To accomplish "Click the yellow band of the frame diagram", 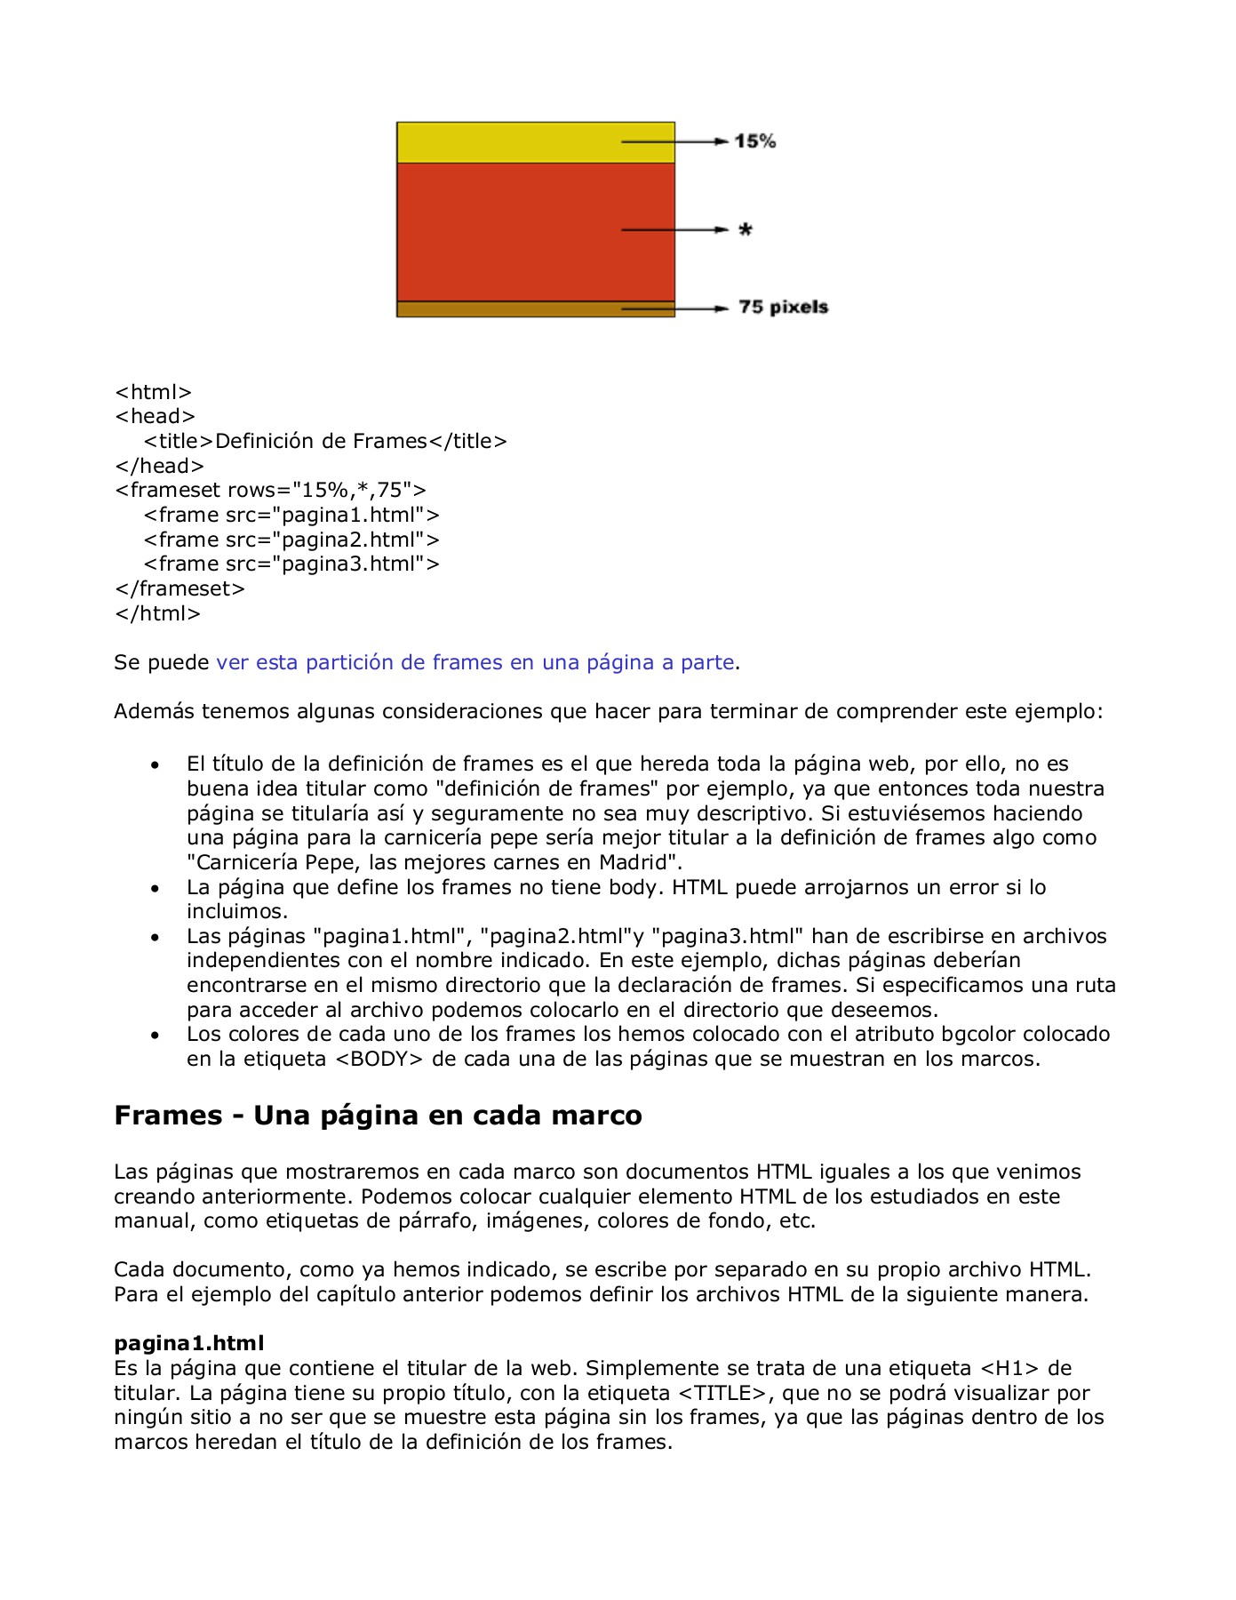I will [x=506, y=142].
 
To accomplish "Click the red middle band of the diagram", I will [x=506, y=231].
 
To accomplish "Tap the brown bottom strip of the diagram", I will [x=506, y=308].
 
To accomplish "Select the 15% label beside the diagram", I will [x=754, y=141].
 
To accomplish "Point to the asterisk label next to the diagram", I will [x=745, y=230].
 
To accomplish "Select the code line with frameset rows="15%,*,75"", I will [x=270, y=491].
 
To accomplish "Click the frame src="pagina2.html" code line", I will [x=291, y=540].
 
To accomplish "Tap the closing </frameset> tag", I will [x=179, y=589].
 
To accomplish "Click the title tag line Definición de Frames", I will [x=324, y=442].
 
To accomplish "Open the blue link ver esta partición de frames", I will [x=474, y=663].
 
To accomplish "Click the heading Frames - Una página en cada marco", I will [x=378, y=1116].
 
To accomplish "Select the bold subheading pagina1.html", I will [x=188, y=1343].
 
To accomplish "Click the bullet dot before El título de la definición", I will [x=155, y=765].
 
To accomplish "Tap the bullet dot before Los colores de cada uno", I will [x=155, y=1036].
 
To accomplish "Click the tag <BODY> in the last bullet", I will [x=380, y=1060].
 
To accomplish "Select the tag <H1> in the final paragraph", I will [x=1009, y=1369].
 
